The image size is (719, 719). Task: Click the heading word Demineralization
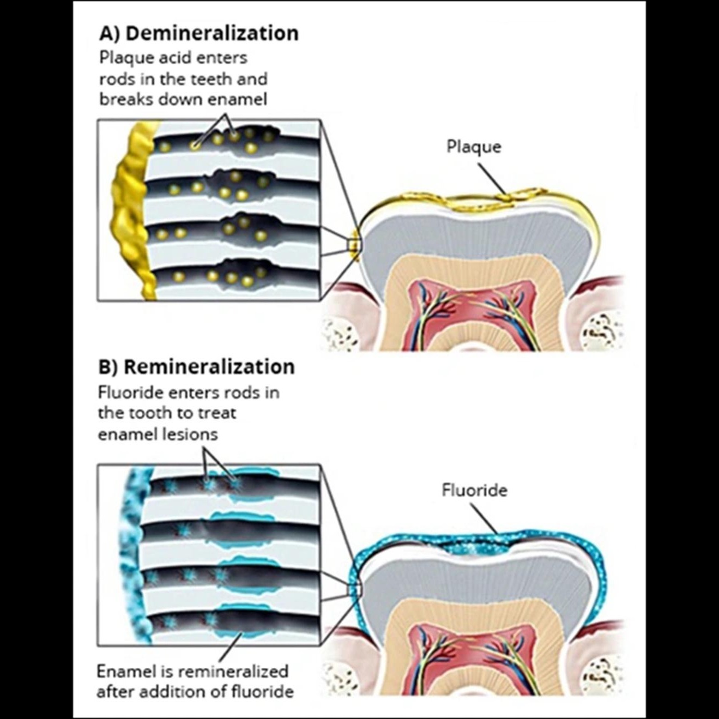(212, 33)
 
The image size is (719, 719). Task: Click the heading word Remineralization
(209, 367)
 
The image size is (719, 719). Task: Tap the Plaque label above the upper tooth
(474, 147)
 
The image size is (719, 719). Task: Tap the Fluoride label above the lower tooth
(475, 490)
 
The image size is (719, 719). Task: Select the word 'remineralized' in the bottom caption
(232, 671)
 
